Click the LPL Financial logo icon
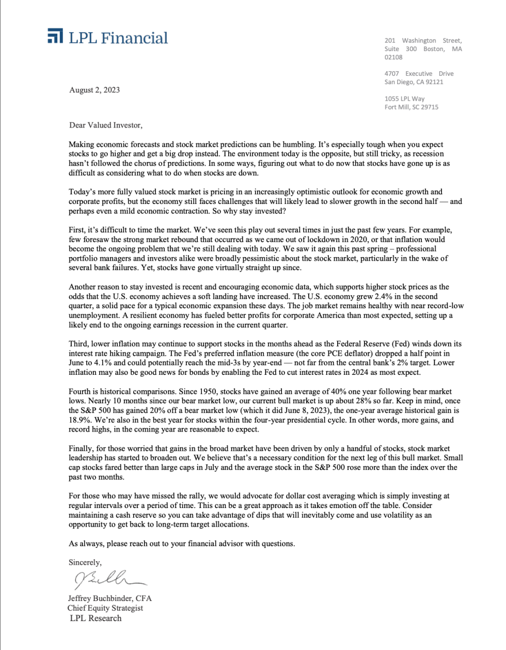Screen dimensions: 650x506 click(55, 37)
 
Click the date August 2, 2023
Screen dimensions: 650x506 click(94, 90)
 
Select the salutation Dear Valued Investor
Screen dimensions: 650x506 click(105, 125)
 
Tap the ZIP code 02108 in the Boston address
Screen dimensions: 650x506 click(393, 57)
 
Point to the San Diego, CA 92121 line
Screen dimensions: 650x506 click(414, 82)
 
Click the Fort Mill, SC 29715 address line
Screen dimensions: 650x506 click(411, 107)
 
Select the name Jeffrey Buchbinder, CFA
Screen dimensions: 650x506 click(110, 598)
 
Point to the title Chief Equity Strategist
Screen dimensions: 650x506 click(105, 608)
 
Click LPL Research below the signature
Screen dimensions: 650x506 click(96, 618)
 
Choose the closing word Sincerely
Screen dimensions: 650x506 click(85, 562)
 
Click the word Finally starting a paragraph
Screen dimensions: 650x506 click(81, 448)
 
